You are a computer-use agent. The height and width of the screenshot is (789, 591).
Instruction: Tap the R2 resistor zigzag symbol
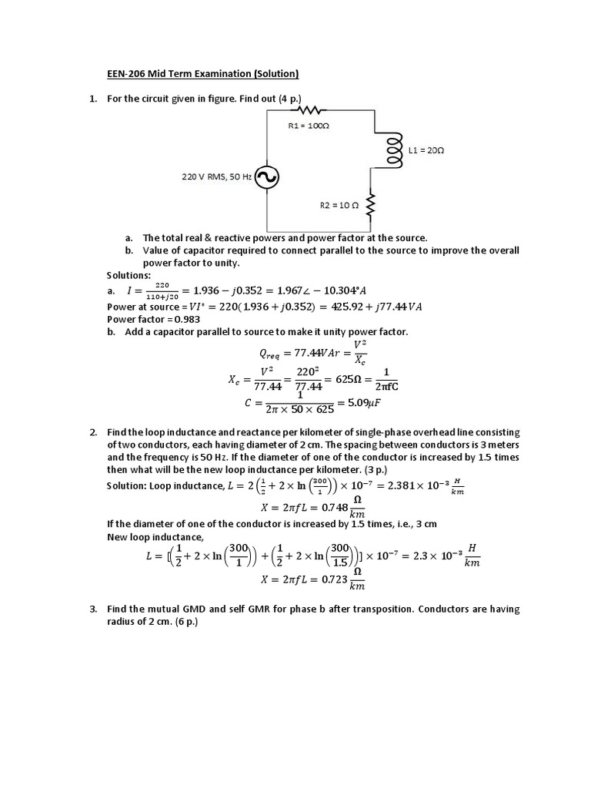point(372,206)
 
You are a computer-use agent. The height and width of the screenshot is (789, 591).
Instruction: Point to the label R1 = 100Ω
point(309,125)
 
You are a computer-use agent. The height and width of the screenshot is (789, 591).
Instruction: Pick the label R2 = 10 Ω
point(339,206)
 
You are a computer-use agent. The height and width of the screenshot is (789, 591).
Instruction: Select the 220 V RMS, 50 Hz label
point(216,177)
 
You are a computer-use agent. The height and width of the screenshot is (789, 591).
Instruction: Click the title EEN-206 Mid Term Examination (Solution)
point(202,74)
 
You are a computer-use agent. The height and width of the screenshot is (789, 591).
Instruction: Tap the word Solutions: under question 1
point(129,275)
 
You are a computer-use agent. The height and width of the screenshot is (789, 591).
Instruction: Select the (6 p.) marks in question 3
point(186,622)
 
